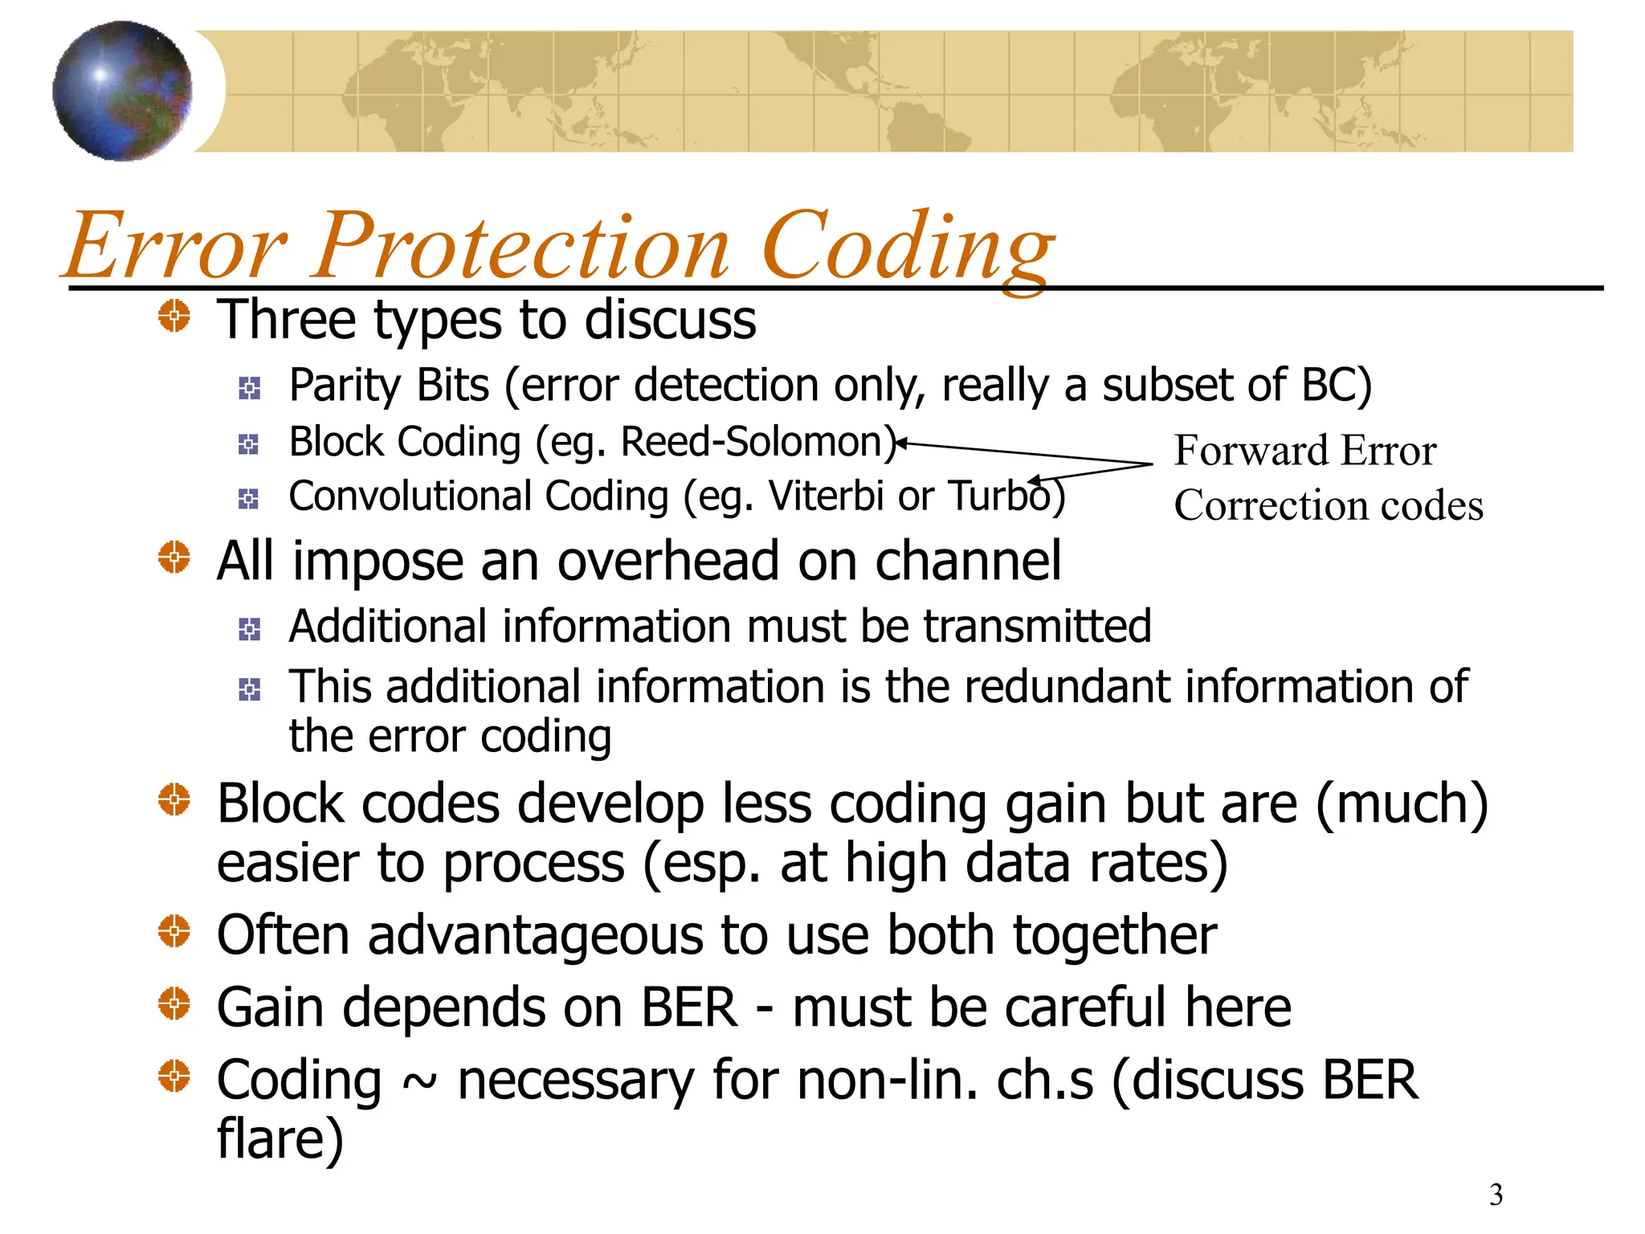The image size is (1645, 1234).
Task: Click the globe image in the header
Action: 122,91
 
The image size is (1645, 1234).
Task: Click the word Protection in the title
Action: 522,246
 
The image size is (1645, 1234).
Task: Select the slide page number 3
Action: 1496,1195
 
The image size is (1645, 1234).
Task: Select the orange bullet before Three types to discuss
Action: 174,316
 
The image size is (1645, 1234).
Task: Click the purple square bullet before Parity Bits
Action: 249,389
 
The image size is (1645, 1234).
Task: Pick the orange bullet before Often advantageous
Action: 174,932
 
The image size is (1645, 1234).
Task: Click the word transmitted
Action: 1037,627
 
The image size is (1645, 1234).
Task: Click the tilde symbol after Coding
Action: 419,1083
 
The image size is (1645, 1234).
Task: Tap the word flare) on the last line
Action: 280,1139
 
